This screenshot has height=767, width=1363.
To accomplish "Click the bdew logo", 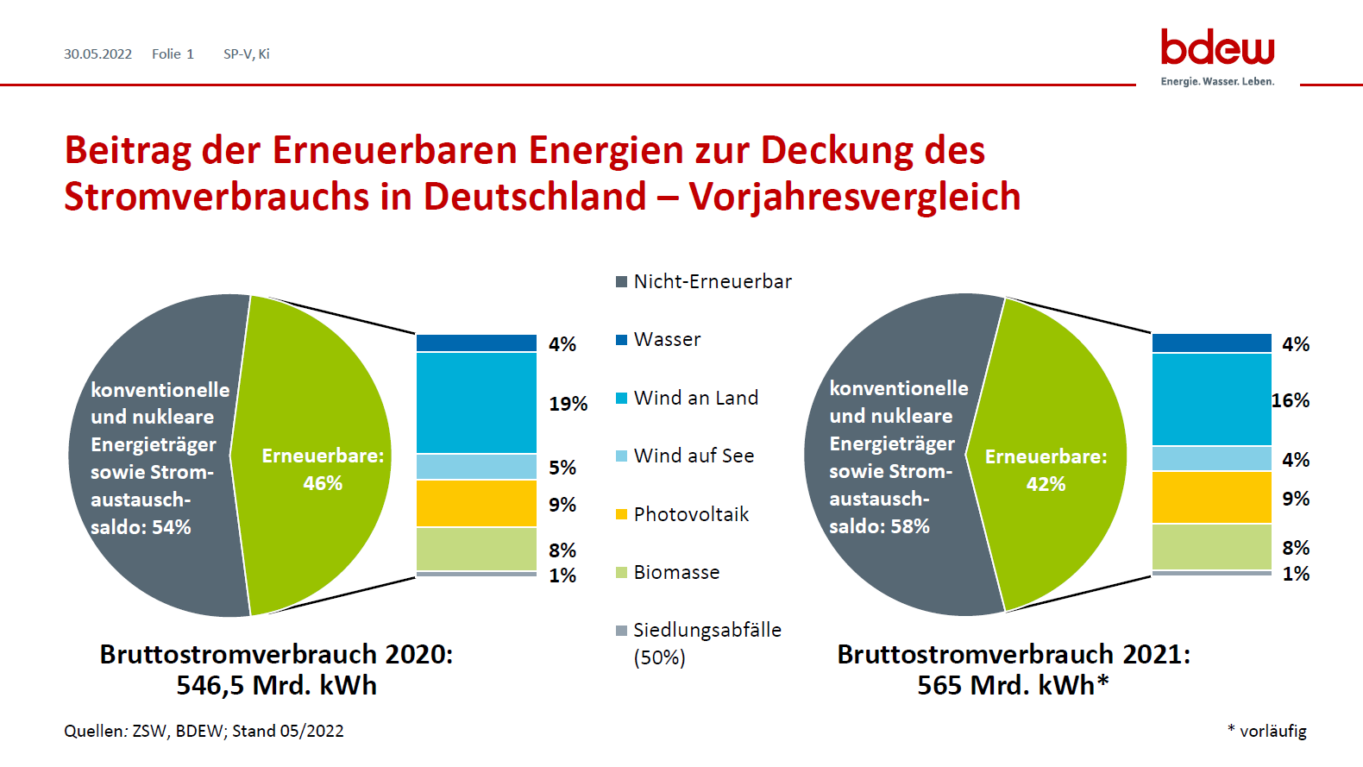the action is (x=1217, y=57).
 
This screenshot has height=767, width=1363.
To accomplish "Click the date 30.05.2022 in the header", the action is (x=98, y=54).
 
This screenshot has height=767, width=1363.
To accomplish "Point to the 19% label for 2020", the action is (x=568, y=404).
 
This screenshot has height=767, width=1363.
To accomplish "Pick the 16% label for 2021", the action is (x=1291, y=400).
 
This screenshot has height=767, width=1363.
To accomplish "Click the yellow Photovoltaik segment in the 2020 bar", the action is (x=476, y=503).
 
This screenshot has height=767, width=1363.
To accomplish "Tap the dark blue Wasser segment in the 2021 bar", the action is (x=1212, y=343).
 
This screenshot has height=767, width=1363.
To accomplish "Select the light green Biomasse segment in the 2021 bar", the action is (x=1212, y=547).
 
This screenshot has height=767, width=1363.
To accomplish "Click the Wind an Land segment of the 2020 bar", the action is (x=476, y=403).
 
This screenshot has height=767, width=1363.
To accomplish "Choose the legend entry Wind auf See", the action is (x=685, y=456).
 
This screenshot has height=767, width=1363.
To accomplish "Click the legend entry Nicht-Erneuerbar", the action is (x=704, y=282).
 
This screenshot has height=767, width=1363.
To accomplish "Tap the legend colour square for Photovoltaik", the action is (x=621, y=514).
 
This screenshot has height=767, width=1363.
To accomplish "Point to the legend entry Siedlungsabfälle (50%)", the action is (x=699, y=644).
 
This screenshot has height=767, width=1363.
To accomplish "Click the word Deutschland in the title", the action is (x=535, y=197).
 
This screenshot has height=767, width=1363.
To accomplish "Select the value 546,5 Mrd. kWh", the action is (x=277, y=685).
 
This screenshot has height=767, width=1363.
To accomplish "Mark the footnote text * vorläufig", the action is (x=1267, y=731).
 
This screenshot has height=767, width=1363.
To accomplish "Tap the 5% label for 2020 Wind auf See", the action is (x=562, y=468).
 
